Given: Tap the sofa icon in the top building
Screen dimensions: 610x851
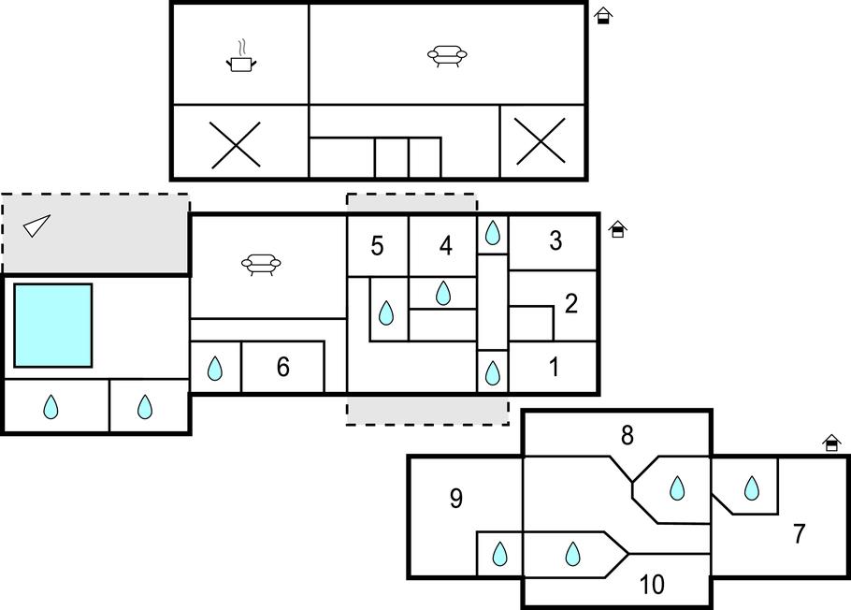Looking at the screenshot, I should [x=447, y=56].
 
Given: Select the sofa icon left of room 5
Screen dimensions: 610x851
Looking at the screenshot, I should [x=262, y=265].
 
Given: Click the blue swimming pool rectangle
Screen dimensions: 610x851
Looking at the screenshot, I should [x=53, y=326].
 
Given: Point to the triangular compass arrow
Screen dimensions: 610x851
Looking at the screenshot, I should [x=36, y=225].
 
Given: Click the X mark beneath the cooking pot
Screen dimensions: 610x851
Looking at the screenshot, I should [x=235, y=144].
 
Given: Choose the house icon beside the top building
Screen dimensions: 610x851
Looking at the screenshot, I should [x=603, y=15].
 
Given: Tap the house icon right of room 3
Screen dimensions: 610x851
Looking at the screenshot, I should [x=617, y=229].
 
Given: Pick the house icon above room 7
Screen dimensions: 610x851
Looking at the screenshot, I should [x=831, y=443].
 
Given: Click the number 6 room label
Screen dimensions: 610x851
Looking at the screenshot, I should [x=282, y=368].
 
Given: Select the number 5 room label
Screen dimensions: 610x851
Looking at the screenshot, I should [x=377, y=246].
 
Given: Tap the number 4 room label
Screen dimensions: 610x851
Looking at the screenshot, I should [x=445, y=246].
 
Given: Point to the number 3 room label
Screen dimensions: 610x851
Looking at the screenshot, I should [x=555, y=240].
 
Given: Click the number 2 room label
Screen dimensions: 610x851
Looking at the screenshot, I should [x=571, y=303].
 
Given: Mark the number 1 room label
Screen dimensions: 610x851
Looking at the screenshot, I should [x=554, y=368].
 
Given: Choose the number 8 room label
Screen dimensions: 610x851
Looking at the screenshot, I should [x=627, y=435].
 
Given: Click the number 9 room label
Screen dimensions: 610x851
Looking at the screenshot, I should [x=455, y=499].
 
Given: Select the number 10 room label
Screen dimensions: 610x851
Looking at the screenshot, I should [x=652, y=585].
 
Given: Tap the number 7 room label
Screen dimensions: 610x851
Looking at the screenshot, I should [x=799, y=534].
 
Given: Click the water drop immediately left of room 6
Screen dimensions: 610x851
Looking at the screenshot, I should [x=215, y=369].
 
